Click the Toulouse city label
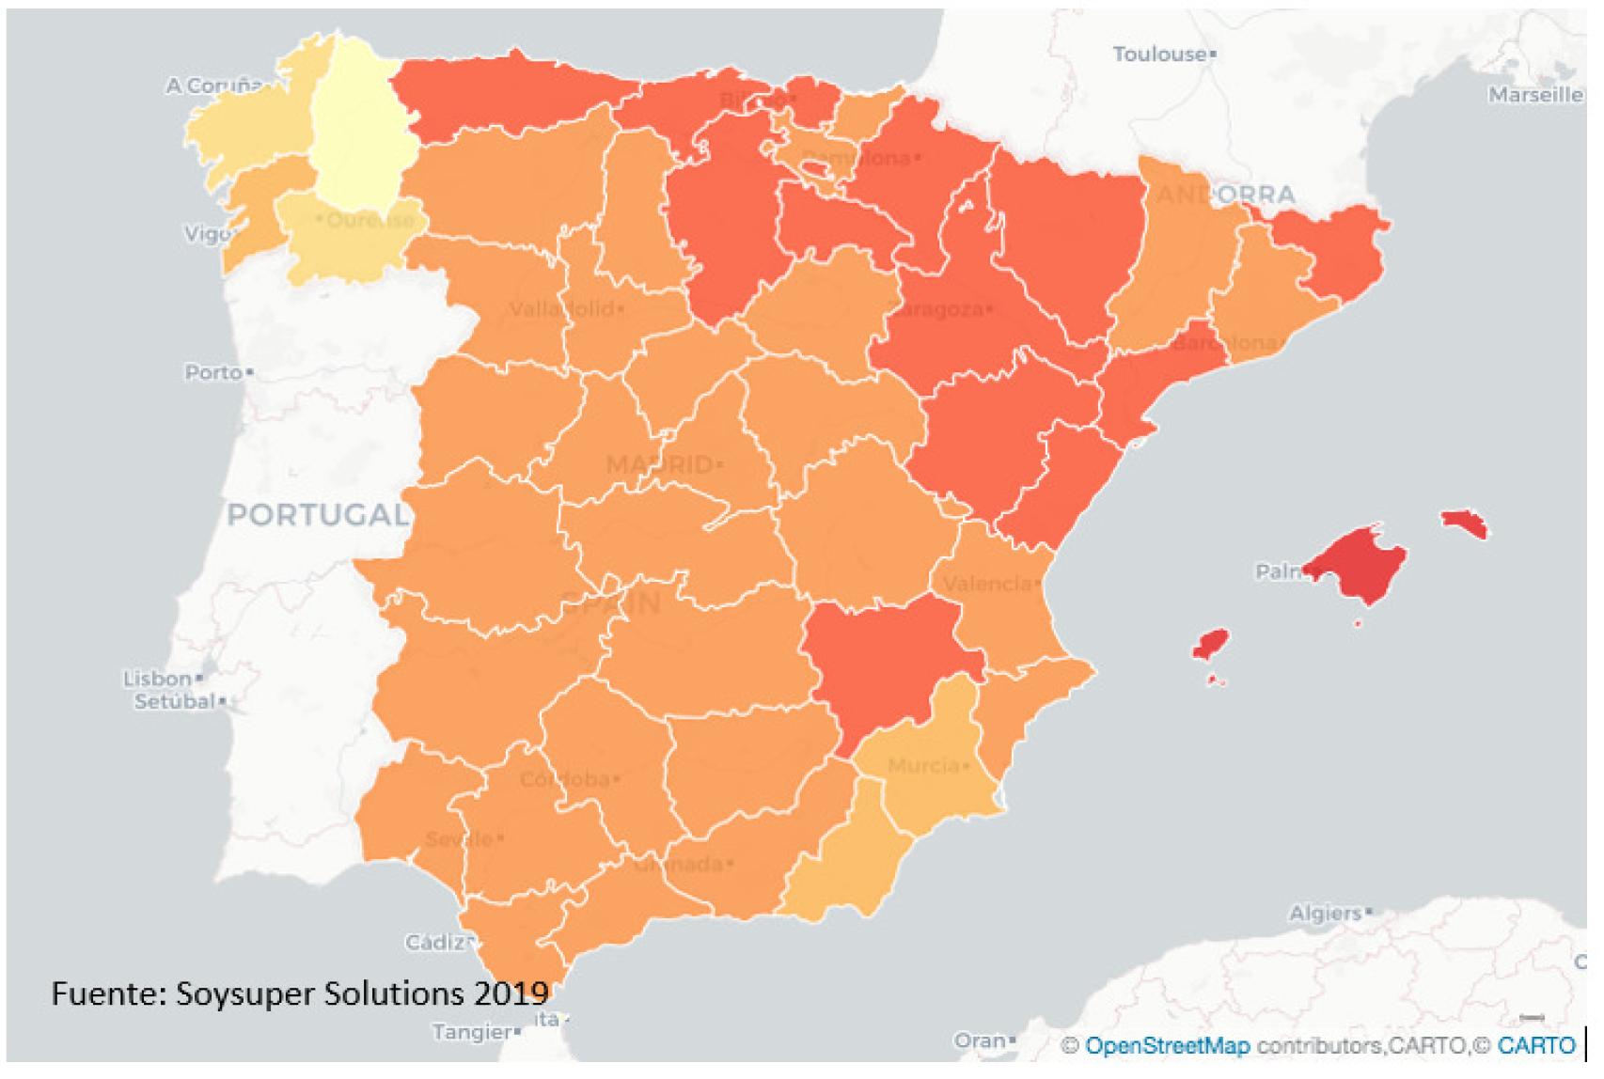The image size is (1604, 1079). click(1159, 55)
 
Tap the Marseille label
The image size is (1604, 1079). click(1534, 94)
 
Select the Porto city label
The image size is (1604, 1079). click(213, 372)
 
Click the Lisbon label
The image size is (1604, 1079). click(157, 678)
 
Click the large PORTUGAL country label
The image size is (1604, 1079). click(317, 515)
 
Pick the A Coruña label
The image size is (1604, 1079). click(213, 86)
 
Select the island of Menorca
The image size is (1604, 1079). click(1464, 524)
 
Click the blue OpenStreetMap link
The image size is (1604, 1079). click(1167, 1045)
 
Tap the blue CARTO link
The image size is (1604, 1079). click(1535, 1045)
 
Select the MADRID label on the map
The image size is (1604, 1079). click(659, 464)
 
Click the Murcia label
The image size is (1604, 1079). click(922, 766)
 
